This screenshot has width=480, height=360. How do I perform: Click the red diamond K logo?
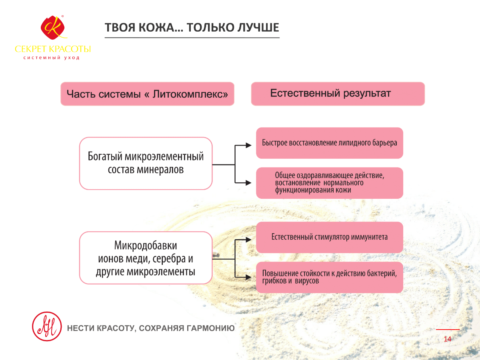point(53,28)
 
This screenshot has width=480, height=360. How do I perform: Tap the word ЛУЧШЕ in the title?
point(258,28)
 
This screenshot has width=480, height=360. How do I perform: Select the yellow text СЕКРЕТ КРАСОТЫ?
point(53,49)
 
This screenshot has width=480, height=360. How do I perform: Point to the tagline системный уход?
point(51,58)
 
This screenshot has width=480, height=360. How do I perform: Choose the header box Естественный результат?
point(338,94)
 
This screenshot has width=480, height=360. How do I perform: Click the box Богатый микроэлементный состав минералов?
point(146,163)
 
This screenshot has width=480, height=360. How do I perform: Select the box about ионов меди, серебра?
point(146,258)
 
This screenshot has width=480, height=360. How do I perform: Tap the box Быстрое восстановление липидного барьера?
point(330,143)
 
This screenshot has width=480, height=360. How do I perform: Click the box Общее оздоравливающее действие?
point(330,183)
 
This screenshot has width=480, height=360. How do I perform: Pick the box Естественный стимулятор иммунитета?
point(330,237)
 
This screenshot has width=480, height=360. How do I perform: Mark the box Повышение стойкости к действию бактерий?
point(330,277)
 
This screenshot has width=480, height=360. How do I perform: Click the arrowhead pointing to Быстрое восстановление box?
point(249,145)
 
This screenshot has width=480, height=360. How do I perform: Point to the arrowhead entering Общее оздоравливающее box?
point(249,183)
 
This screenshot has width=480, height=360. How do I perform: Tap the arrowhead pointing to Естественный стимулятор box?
point(249,240)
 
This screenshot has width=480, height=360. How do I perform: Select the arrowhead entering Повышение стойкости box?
point(249,277)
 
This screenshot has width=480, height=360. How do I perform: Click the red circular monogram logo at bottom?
point(47,326)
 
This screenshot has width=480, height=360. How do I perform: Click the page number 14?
point(448,339)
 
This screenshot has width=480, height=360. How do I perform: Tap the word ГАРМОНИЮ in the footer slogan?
point(210,328)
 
